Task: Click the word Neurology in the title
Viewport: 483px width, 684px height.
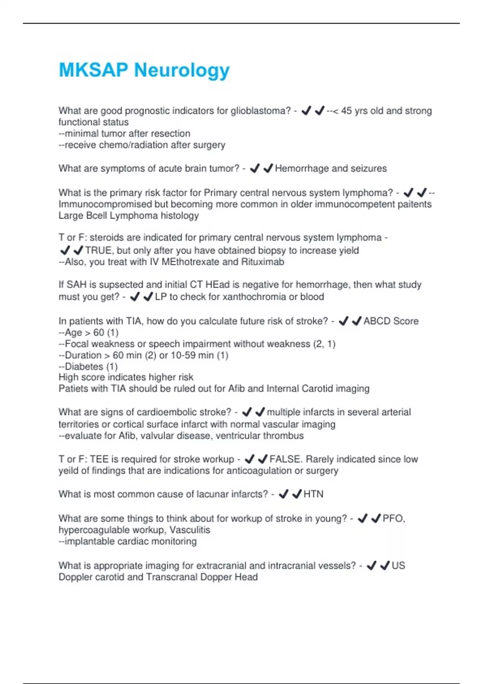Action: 182,70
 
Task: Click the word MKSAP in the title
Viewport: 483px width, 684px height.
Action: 93,70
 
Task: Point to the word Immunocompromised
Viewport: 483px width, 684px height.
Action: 105,204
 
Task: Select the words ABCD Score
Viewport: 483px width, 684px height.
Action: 391,321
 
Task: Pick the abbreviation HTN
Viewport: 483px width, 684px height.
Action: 313,494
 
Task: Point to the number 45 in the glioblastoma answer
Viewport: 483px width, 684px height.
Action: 347,111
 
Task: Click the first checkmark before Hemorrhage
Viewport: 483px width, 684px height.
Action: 255,168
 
